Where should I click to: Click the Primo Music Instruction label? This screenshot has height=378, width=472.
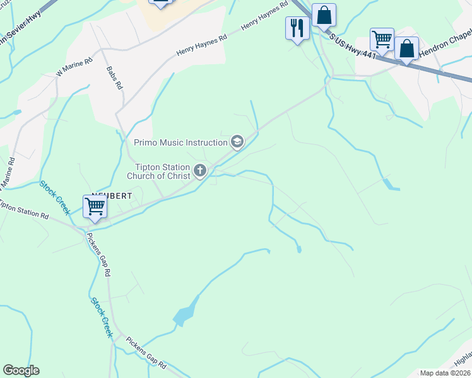click(x=180, y=142)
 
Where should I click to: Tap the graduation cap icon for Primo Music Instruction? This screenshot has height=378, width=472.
click(x=237, y=142)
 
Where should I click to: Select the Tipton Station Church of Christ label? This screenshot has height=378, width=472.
click(x=162, y=171)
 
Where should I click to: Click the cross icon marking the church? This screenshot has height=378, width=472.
click(x=200, y=170)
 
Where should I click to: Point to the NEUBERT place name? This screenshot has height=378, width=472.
click(x=112, y=196)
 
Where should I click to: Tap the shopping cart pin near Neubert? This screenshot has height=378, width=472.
click(x=95, y=206)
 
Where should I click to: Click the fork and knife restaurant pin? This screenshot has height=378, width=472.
click(x=297, y=27)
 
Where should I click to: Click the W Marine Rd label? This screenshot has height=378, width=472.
click(x=74, y=67)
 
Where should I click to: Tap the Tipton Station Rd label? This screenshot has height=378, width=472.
click(x=24, y=210)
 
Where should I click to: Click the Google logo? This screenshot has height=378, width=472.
click(x=21, y=370)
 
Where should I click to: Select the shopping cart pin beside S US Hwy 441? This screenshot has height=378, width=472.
click(x=382, y=39)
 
